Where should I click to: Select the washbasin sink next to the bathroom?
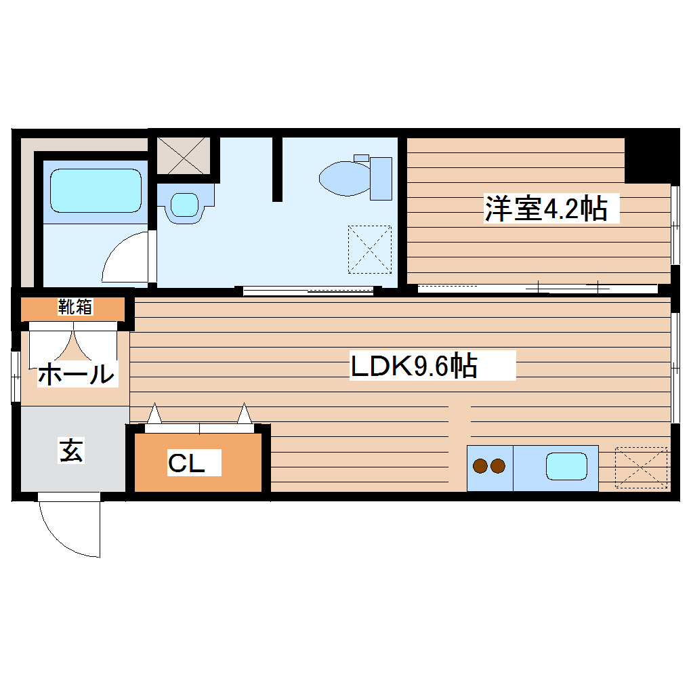click(184, 203)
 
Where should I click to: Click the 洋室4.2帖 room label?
click(545, 209)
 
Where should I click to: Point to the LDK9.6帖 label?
click(414, 366)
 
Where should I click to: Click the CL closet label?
click(186, 463)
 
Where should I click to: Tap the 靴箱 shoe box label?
click(75, 307)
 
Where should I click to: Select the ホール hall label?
click(75, 373)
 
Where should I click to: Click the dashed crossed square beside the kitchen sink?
click(641, 467)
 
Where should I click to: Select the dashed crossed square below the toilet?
click(370, 249)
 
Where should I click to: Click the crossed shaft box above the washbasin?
click(184, 155)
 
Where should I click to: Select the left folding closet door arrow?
click(154, 413)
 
